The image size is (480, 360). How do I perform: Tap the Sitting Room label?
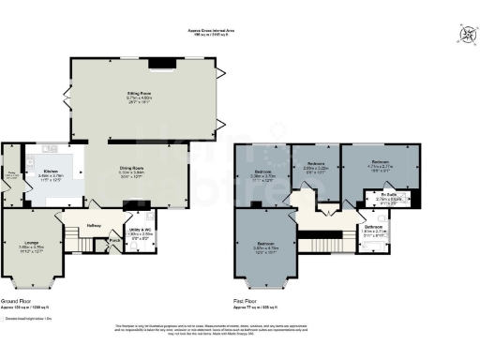(x=140, y=94)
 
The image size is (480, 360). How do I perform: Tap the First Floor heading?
(x=247, y=302)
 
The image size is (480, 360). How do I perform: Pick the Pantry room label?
(x=12, y=174)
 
